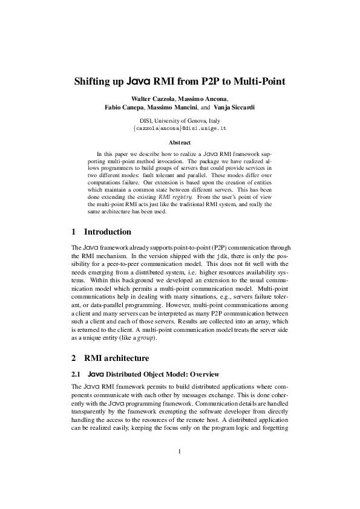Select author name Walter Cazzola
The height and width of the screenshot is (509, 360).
(x=151, y=99)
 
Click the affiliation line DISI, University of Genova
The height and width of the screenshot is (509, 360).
(x=180, y=120)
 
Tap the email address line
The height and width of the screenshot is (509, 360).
(x=180, y=129)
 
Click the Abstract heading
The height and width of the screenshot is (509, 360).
(x=180, y=143)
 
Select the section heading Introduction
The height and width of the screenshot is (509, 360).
(x=107, y=232)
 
